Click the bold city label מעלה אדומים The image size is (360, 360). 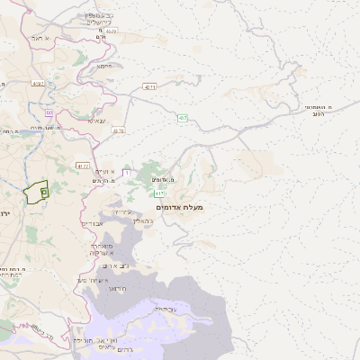point(180,208)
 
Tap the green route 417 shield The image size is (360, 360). point(159,193)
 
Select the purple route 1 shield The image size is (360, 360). point(126,172)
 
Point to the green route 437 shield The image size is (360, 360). point(183,118)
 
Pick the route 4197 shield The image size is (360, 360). point(38,84)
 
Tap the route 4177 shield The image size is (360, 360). point(84,166)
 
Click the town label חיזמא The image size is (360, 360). point(104,66)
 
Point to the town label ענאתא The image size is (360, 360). point(96,120)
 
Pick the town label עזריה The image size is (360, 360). point(121,211)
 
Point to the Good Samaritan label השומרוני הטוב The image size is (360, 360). point(317,110)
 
